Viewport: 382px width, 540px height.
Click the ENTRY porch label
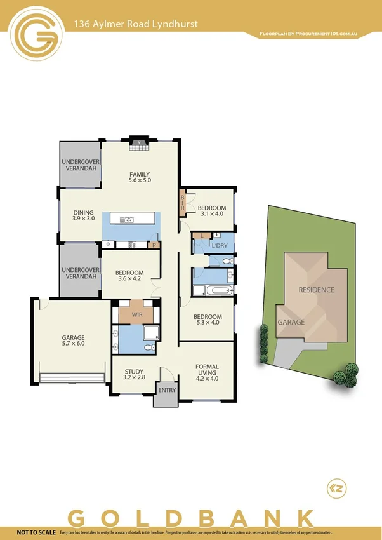pos(167,390)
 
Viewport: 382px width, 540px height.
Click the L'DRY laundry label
pos(220,245)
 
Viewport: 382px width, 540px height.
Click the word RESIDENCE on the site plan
pos(316,290)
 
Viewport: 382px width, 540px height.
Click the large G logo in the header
pos(37,36)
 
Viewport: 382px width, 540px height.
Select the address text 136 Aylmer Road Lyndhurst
pos(136,24)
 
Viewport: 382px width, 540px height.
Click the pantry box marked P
pos(153,245)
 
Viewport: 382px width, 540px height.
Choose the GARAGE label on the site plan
pos(291,322)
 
